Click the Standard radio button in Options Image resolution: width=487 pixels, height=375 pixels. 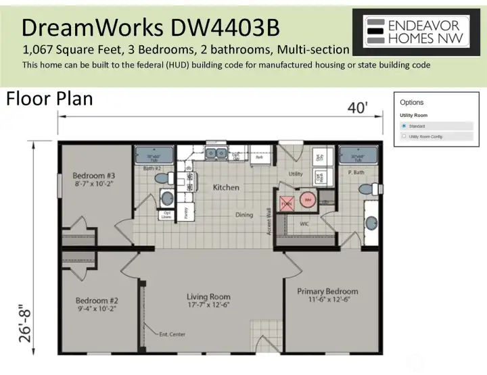404,126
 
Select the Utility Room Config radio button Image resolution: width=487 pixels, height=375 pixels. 404,136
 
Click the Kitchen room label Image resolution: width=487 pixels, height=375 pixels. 226,187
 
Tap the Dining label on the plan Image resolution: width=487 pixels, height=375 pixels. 243,215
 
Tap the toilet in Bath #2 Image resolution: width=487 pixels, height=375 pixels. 161,178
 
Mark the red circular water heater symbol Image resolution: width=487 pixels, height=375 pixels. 307,199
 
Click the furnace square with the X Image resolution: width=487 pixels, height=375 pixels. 287,203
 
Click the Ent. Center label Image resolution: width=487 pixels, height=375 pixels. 172,334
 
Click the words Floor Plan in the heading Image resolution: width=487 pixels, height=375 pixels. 49,99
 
